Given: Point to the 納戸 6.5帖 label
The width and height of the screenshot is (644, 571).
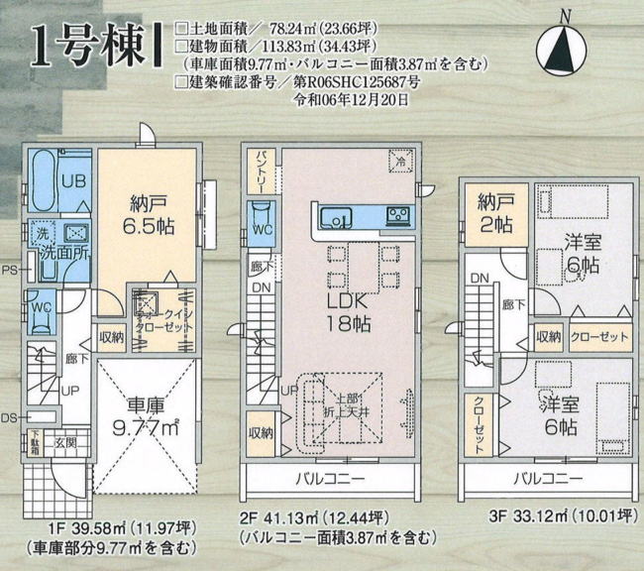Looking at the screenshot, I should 152,215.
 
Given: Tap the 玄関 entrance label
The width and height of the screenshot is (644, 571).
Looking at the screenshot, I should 63,442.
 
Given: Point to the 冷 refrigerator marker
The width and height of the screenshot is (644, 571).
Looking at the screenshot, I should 401,161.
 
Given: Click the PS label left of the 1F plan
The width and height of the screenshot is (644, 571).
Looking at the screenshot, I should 9,270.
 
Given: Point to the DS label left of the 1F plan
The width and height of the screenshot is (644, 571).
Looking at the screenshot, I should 9,417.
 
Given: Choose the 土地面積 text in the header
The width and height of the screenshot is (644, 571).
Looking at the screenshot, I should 219,30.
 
